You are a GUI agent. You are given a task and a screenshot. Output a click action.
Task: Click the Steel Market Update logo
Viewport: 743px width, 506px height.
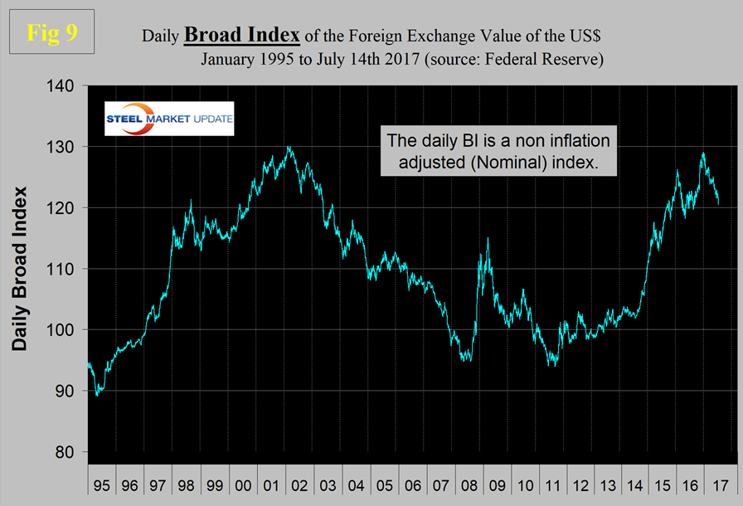[x=169, y=119]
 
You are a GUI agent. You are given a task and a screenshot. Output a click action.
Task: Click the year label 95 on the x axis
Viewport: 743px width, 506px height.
[x=100, y=484]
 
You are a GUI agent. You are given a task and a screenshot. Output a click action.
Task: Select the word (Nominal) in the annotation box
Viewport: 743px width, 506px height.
[x=525, y=163]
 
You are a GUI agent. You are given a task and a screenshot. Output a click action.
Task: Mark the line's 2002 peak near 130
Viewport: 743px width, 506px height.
[x=288, y=148]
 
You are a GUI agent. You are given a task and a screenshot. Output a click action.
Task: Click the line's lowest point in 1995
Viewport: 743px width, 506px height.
[x=97, y=395]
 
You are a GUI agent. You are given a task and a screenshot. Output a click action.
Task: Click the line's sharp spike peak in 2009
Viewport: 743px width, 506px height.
[x=488, y=239]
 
